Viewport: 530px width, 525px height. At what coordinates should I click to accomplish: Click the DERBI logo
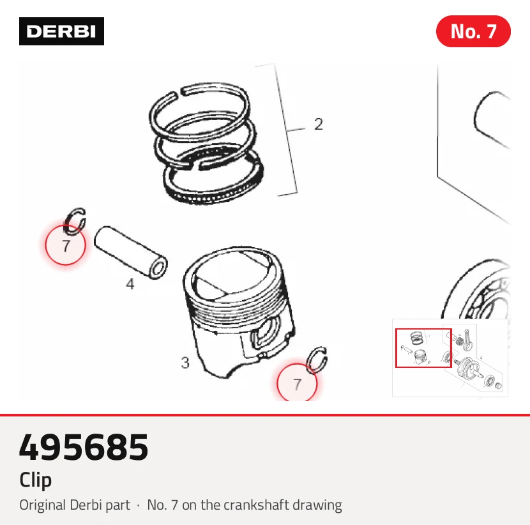[x=61, y=31]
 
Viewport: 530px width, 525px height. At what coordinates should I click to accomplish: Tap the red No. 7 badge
[x=473, y=31]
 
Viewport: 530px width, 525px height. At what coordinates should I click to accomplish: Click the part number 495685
[x=84, y=447]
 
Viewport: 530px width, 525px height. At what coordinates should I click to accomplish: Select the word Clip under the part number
[x=36, y=480]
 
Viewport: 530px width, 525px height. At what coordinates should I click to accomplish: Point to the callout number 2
[x=319, y=124]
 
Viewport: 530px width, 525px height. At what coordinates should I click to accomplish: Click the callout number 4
[x=130, y=284]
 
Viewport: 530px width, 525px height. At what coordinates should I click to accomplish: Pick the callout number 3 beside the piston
[x=185, y=363]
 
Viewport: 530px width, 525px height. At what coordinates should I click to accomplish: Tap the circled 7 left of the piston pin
[x=66, y=245]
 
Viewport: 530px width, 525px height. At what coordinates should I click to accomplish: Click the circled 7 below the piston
[x=297, y=384]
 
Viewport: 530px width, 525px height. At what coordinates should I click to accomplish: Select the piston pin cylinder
[x=130, y=252]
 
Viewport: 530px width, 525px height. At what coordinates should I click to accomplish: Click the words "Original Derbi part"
[x=75, y=505]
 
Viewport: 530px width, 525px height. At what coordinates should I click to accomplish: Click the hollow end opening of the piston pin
[x=158, y=270]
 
